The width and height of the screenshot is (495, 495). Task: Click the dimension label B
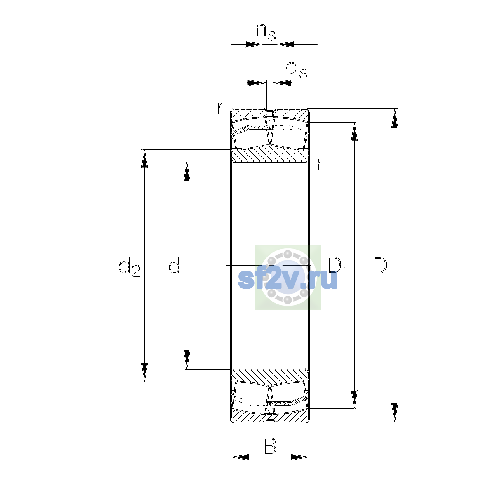[x=270, y=446]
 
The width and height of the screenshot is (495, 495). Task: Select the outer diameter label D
[x=379, y=265]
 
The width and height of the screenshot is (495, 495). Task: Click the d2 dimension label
[x=129, y=267]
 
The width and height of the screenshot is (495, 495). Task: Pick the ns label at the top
[x=266, y=32]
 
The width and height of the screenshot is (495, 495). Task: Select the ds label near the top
[x=297, y=68]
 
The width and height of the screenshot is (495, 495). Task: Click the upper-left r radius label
[x=220, y=108]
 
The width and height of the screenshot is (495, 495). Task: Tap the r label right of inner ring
[x=320, y=164]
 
